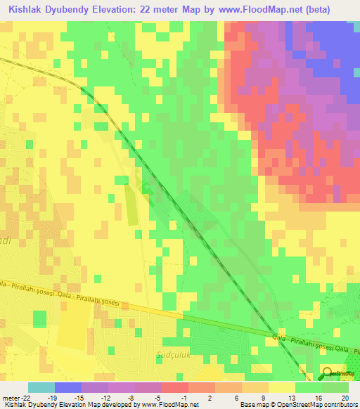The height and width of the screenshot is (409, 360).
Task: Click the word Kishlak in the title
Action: click(27, 10)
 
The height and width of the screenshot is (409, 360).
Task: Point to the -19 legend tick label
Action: click(62, 397)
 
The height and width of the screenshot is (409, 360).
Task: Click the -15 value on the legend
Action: click(89, 397)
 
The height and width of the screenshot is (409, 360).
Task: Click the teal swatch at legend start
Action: click(41, 387)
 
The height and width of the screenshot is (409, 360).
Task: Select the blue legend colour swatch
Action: click(68, 387)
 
